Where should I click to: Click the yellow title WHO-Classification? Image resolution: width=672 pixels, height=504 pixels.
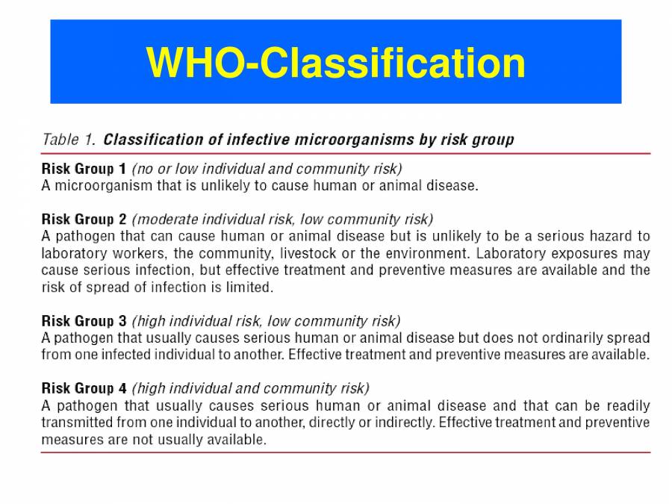click(336, 63)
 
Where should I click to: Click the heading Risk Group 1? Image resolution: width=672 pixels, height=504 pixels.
click(84, 169)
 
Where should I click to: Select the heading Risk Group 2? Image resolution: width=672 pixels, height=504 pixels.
click(84, 220)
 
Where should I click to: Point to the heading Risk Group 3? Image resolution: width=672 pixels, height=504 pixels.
click(84, 321)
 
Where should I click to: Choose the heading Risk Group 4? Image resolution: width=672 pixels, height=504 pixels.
click(84, 388)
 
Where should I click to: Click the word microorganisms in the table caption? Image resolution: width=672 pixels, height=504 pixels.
click(321, 140)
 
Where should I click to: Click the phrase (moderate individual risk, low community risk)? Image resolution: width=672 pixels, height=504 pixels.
click(281, 220)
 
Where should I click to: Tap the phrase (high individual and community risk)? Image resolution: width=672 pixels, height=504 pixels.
click(250, 388)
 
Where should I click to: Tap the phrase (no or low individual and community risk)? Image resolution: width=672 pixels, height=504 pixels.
click(267, 169)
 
